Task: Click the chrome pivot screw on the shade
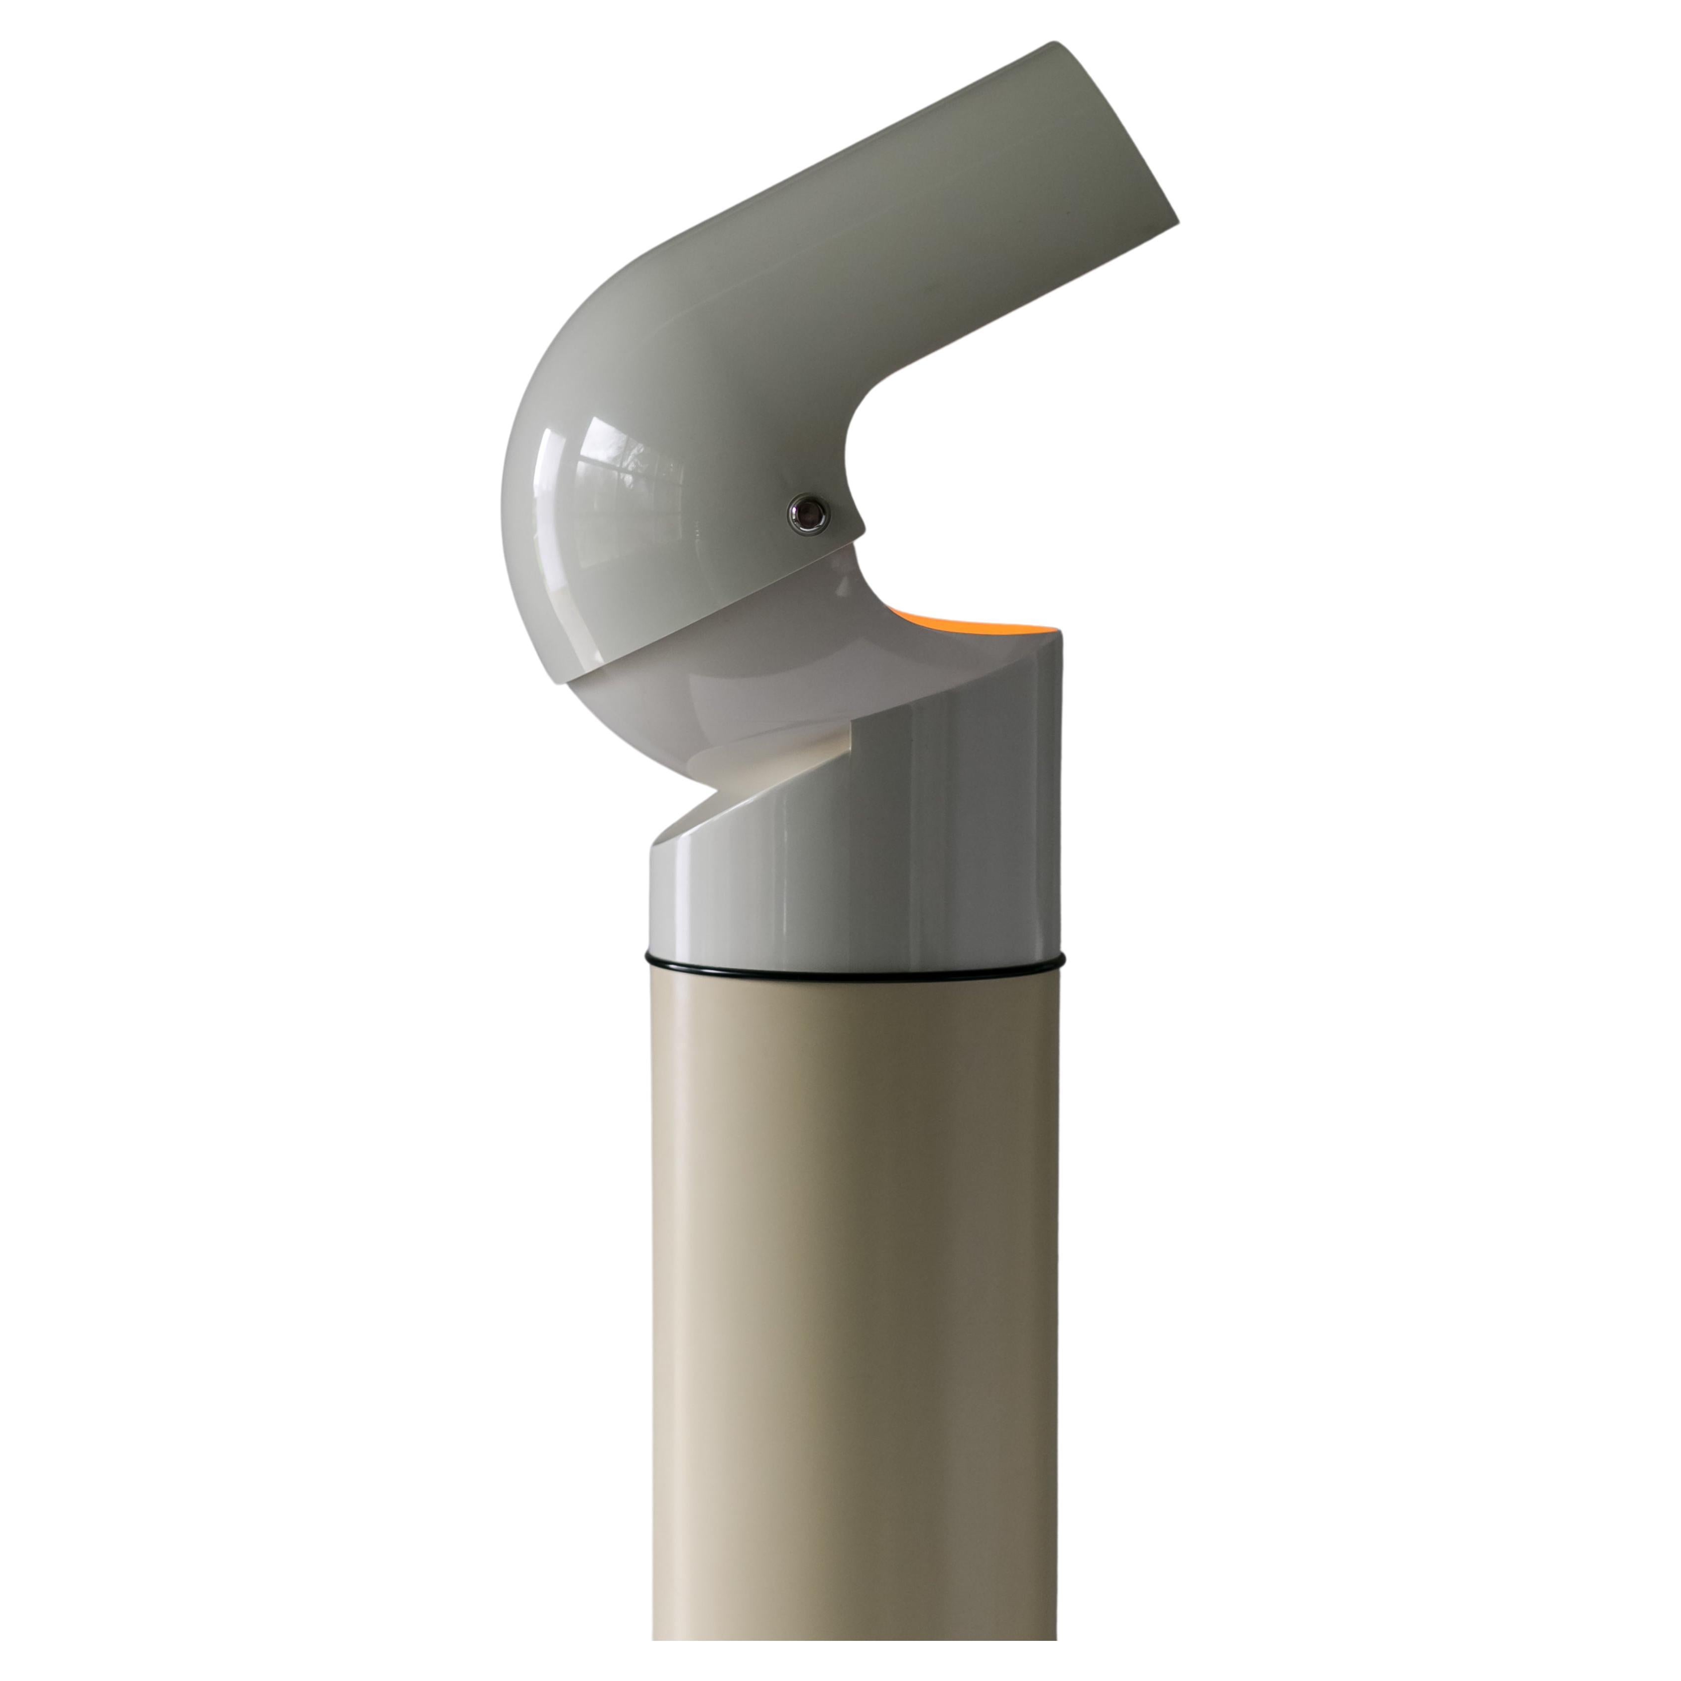[x=809, y=514]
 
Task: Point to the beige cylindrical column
[x=857, y=1305]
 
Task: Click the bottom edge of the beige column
[x=857, y=1662]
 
